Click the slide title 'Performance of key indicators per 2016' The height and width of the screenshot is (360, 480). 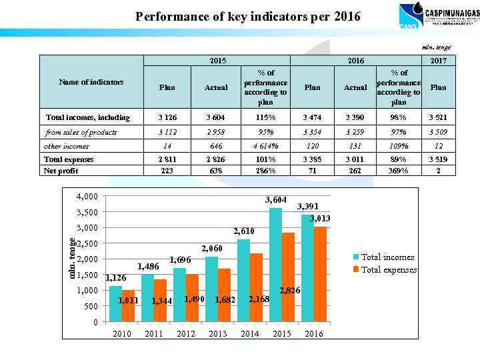pos(248,16)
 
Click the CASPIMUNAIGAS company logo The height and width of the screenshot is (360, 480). pos(431,15)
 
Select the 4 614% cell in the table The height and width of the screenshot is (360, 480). pos(265,145)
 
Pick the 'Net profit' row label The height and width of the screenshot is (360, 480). pos(61,171)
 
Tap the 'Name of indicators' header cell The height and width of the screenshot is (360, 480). pos(91,82)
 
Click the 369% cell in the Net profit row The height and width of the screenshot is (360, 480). pos(399,171)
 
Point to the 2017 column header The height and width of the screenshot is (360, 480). pos(438,61)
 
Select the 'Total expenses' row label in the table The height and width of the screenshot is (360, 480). pos(69,159)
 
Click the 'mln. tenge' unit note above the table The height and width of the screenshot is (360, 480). pos(437,47)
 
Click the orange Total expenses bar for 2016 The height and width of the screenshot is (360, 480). pos(320,275)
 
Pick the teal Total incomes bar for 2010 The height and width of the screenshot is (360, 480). pos(116,304)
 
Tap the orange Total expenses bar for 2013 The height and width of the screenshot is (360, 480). pos(224,295)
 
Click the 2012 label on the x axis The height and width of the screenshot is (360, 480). pos(186,333)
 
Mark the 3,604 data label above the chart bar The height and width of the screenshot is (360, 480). pos(275,200)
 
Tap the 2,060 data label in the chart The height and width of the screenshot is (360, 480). pos(212,249)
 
